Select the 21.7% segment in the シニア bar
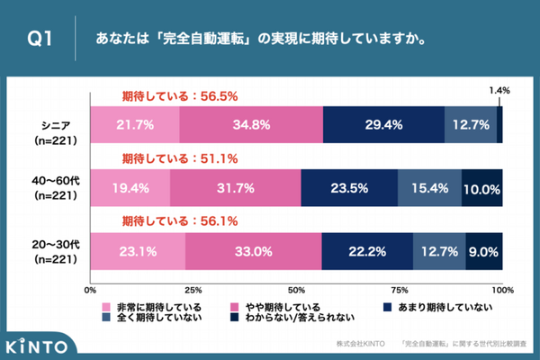coord(134,125)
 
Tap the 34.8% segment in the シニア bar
coord(250,125)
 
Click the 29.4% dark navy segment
coord(382,125)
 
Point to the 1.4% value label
coord(499,90)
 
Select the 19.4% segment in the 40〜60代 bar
coord(130,188)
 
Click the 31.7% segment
coord(235,188)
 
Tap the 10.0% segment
coord(481,188)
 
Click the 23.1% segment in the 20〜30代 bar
coord(138,252)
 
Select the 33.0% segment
coord(253,252)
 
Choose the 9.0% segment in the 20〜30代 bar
coord(484,252)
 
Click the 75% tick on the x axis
coord(400,291)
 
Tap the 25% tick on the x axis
coord(193,291)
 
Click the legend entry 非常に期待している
coord(151,306)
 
